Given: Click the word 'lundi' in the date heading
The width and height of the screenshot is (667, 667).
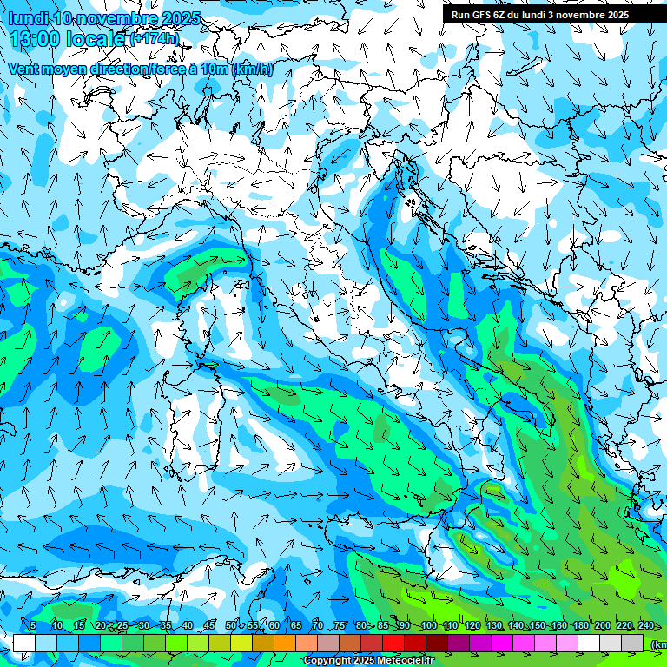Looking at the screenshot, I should click(x=27, y=18).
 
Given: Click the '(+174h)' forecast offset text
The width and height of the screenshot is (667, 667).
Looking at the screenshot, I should click(x=155, y=39).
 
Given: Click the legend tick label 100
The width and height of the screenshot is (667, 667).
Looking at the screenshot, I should click(x=428, y=626).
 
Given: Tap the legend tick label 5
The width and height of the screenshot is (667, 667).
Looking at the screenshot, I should click(x=33, y=626).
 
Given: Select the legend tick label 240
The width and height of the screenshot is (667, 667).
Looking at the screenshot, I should click(x=646, y=626).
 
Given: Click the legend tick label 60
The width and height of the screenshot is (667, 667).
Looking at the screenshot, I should click(x=274, y=626).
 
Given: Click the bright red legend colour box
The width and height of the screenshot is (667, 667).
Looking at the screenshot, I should click(x=393, y=643).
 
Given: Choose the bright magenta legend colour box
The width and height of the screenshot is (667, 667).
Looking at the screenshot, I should click(x=502, y=643).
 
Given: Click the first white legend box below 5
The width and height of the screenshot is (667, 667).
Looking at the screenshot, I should click(x=24, y=643).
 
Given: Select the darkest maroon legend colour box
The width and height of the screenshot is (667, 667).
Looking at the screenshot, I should click(x=437, y=643).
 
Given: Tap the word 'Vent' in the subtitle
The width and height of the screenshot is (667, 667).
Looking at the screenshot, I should click(x=26, y=69).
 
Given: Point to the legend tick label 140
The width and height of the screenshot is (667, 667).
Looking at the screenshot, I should click(x=516, y=626).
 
